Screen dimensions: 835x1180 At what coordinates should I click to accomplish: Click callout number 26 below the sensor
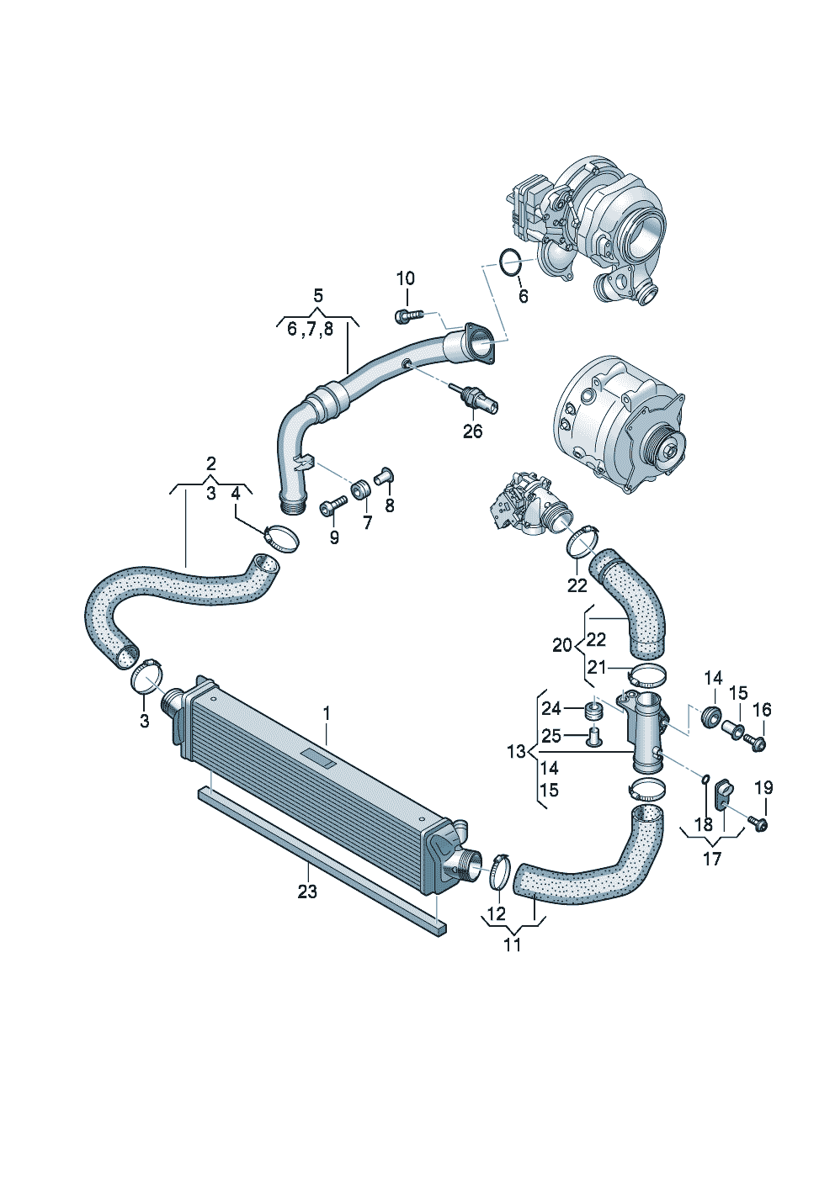(x=472, y=431)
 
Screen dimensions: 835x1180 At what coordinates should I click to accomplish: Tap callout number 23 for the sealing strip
(x=307, y=892)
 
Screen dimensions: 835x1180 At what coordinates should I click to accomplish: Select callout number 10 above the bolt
(x=406, y=278)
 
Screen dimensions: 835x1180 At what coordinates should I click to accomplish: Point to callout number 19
(x=763, y=802)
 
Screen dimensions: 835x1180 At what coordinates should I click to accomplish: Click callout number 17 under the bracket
(x=711, y=860)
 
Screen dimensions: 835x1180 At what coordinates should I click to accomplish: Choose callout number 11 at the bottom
(x=512, y=945)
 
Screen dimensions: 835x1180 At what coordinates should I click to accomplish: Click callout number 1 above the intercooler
(x=327, y=714)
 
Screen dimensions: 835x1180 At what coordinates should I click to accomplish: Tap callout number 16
(x=763, y=710)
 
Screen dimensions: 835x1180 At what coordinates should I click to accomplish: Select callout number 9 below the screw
(x=334, y=537)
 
